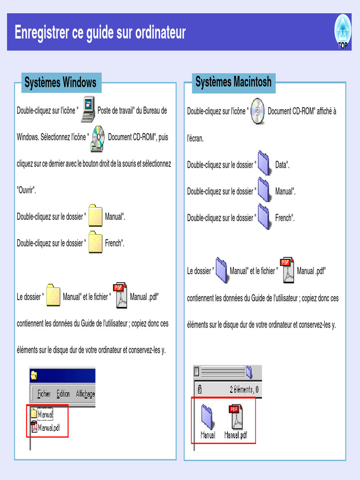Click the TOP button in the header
click(343, 32)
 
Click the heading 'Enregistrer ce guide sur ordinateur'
click(100, 33)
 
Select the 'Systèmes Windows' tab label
click(60, 83)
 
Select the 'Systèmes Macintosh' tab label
click(233, 82)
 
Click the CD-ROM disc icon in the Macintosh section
click(257, 111)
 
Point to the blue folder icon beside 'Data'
click(264, 164)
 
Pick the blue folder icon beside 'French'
click(264, 217)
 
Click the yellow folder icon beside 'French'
click(96, 242)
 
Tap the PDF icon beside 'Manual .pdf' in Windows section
click(120, 296)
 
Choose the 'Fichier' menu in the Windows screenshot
click(44, 394)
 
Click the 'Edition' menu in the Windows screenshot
click(63, 394)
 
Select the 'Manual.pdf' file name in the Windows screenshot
click(49, 427)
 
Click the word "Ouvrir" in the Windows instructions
click(26, 191)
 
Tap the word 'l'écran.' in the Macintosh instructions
click(195, 138)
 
